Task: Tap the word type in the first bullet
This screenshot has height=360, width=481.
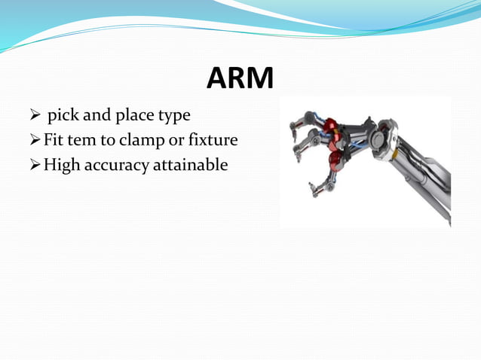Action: tap(173, 117)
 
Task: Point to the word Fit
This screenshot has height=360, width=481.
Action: tap(55, 139)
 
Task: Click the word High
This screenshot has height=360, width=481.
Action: tap(63, 164)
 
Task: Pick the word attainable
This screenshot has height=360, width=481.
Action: tap(190, 163)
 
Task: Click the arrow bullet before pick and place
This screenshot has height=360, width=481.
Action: tap(33, 117)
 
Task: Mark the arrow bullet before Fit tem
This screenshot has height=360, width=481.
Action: tap(33, 140)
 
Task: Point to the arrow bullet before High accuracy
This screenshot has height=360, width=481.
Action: tap(33, 164)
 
